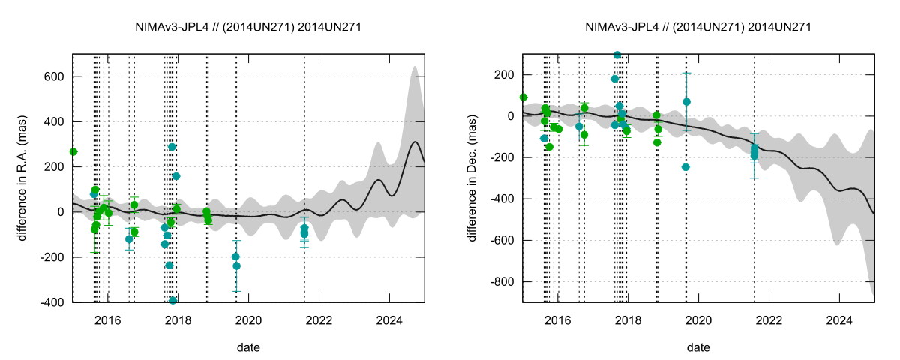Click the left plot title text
248,27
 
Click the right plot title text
698,27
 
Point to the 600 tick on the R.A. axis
52,76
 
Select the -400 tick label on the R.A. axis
50,302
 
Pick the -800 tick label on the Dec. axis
500,281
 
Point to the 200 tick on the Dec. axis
502,75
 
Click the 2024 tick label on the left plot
389,319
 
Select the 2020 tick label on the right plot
698,319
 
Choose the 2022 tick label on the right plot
769,319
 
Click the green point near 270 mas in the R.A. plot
73,151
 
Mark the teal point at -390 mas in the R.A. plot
172,300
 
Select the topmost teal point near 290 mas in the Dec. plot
617,55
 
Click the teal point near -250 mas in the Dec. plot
685,167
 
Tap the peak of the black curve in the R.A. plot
415,142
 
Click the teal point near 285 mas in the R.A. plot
172,147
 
